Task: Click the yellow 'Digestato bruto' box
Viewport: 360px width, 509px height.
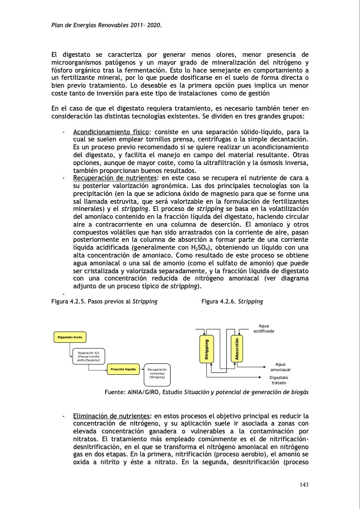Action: (x=71, y=336)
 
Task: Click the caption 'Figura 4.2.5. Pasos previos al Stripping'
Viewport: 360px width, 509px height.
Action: (x=105, y=300)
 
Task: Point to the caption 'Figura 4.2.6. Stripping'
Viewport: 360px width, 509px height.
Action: (x=231, y=300)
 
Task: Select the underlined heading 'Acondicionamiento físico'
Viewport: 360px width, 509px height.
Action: (x=111, y=132)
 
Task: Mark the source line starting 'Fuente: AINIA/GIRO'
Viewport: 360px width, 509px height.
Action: (x=206, y=392)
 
